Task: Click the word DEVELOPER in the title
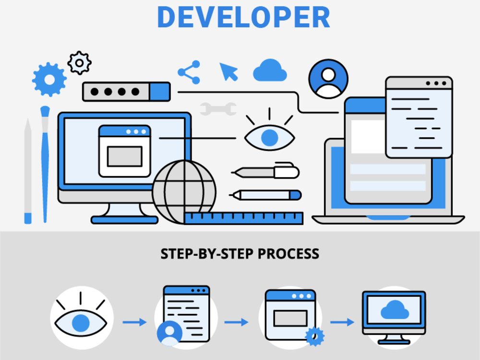243,17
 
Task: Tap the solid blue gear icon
49,79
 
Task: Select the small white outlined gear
79,62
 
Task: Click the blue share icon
189,72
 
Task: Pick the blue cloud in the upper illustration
270,71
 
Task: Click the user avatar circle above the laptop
328,79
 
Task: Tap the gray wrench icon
218,109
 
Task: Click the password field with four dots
126,91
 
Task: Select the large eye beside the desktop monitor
269,136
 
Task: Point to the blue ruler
243,218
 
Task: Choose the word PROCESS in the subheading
288,253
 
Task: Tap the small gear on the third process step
314,336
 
